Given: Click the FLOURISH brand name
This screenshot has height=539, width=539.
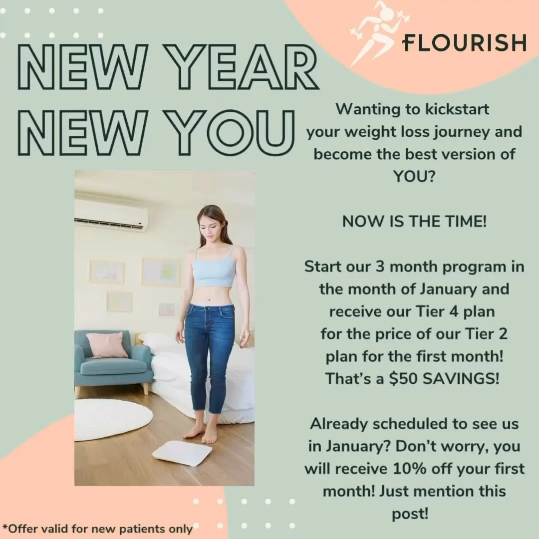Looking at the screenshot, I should point(464,42).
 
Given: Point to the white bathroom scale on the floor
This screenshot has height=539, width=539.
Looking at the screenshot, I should point(182,453).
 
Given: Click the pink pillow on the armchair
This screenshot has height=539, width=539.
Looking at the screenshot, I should point(106,345).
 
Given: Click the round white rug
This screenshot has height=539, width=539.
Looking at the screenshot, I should point(114,419).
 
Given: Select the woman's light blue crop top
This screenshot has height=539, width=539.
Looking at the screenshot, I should point(214,270).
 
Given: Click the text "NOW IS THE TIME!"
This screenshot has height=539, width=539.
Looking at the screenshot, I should point(414,222).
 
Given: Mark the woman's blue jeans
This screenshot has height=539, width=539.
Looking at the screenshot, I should point(209,349).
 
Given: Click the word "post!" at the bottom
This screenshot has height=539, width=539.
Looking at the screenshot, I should point(410,514).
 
